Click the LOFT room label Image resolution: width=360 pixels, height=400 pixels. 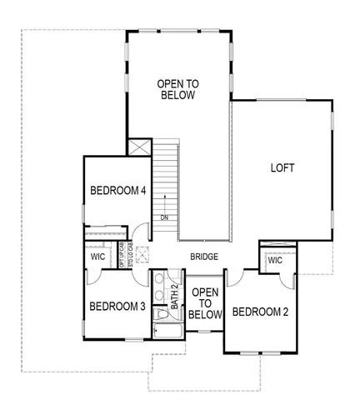[x=282, y=167]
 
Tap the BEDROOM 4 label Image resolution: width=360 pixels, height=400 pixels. [x=118, y=191]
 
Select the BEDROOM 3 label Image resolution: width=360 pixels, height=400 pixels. [x=117, y=307]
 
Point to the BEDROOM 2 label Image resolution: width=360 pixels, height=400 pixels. [x=260, y=312]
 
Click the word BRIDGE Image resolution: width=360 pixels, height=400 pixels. [x=204, y=257]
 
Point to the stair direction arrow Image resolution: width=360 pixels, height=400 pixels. [x=166, y=202]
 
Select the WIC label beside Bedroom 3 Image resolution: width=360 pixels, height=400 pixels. [x=97, y=257]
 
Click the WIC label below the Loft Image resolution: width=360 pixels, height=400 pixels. [x=275, y=261]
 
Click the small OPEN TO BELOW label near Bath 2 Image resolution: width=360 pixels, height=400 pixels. [x=205, y=303]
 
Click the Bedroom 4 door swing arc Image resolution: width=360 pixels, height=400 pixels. [x=142, y=232]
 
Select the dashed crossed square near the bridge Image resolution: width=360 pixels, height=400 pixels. [x=142, y=254]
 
